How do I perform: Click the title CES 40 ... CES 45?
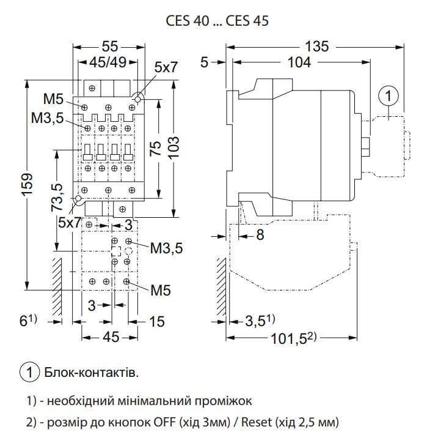[x=218, y=20]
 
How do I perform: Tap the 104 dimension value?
[x=298, y=62]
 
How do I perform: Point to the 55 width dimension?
[x=110, y=46]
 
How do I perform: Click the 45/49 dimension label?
[x=108, y=62]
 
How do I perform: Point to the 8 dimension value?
[x=260, y=234]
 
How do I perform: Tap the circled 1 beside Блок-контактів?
[x=30, y=371]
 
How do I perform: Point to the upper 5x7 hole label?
[x=165, y=68]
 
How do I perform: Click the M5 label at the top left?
[x=53, y=100]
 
